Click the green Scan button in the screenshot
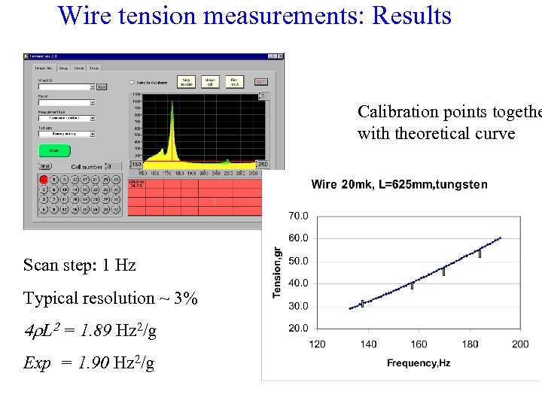pos(54,150)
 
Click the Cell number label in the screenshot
pos(87,166)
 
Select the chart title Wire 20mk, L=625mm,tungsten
pos(399,184)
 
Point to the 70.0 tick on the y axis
pos(299,216)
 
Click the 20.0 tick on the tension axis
pos(299,329)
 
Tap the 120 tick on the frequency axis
pos(318,344)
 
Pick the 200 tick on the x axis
pos(520,344)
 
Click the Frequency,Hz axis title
pos(419,364)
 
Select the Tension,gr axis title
pos(278,272)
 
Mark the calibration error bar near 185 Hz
pos(480,253)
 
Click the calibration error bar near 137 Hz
pos(362,303)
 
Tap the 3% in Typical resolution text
pos(185,298)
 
